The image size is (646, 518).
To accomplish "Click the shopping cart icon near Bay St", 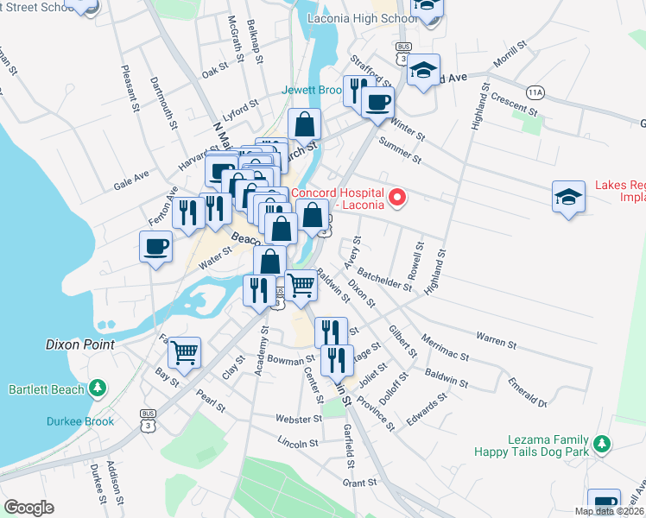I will (184, 351).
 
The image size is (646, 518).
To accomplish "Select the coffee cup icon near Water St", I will (155, 246).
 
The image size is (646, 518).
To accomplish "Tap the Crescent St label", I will (515, 107).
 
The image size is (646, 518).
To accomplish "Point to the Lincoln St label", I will (299, 443).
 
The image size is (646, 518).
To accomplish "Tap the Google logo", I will (28, 508).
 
